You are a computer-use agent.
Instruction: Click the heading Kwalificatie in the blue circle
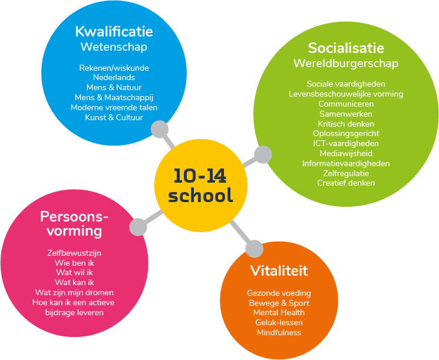pos(114,32)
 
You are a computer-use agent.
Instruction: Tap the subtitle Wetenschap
pos(114,47)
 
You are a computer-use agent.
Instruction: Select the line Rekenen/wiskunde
pos(114,68)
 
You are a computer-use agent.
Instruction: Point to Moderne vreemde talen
pos(114,107)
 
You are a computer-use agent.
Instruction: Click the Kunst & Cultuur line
pos(114,117)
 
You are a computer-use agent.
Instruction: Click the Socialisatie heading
pos(346,48)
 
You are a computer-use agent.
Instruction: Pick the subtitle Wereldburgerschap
pos(346,64)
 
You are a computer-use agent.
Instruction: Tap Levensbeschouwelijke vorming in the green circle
pos(346,94)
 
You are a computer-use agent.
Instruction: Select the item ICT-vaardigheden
pos(346,143)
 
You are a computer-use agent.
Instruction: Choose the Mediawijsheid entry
pos(346,153)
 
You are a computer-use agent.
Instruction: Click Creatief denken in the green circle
pos(346,183)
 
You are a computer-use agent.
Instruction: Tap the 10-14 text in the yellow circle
pos(200,176)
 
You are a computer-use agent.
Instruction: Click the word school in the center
pos(200,194)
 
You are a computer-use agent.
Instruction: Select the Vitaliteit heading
pos(279,270)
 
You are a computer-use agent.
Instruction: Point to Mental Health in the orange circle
pos(279,312)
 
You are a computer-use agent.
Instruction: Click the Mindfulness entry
pos(279,332)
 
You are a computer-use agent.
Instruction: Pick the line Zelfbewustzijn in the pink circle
pos(74,253)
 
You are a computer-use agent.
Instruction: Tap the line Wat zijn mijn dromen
pos(74,292)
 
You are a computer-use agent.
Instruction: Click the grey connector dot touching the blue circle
pos(160,129)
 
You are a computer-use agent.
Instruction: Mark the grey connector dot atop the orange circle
pos(255,249)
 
